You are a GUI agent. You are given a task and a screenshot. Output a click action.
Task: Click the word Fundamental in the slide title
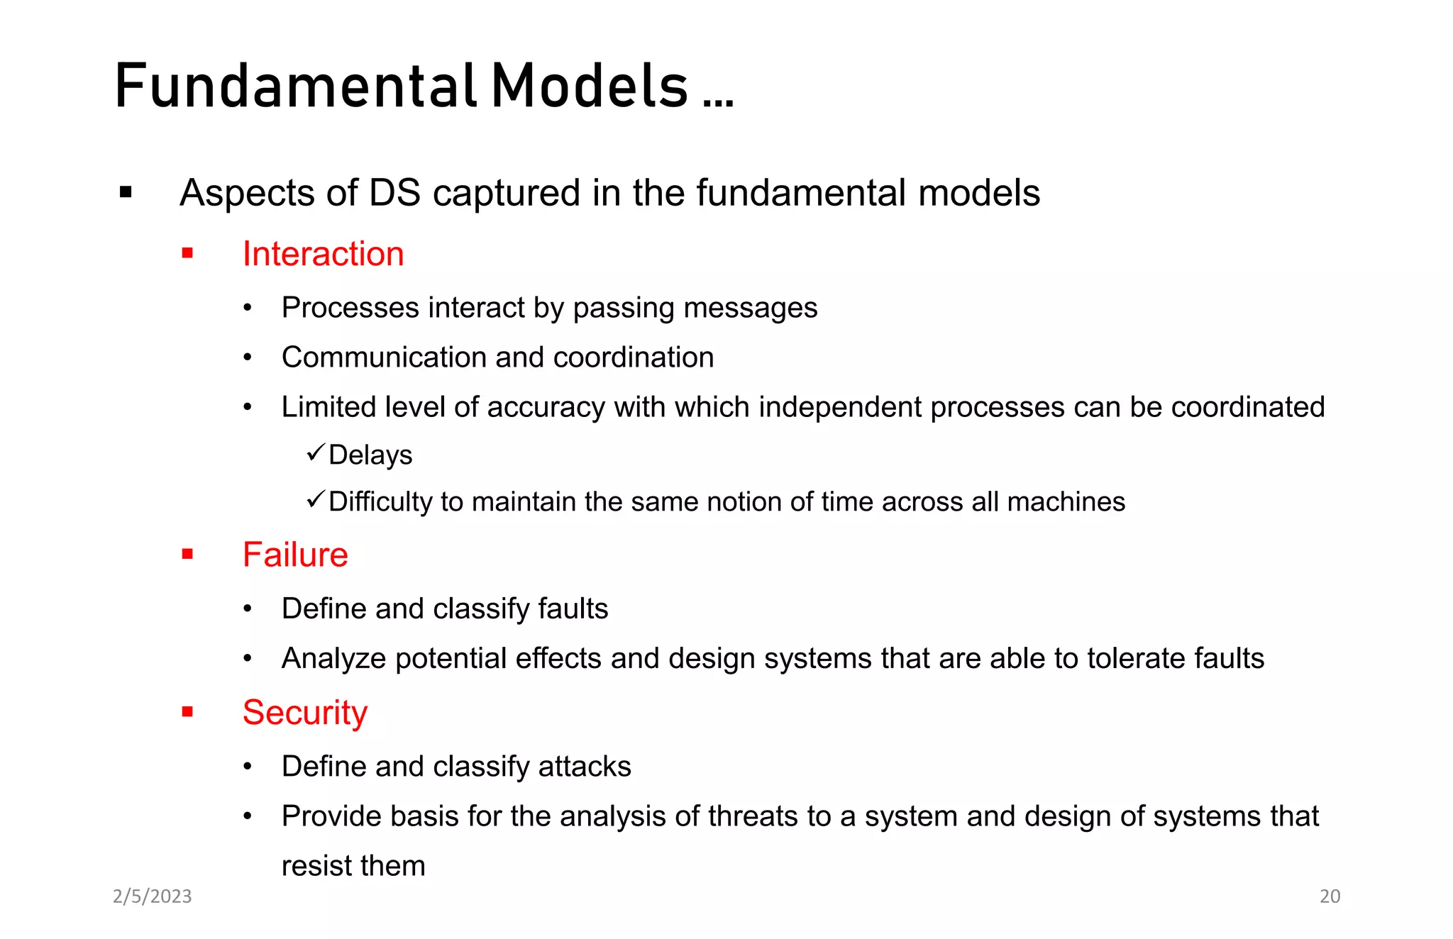(295, 87)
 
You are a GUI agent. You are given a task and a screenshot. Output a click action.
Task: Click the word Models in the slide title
(590, 87)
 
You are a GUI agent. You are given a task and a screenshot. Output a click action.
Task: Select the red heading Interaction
(323, 254)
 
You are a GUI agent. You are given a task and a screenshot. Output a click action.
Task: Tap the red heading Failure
(295, 555)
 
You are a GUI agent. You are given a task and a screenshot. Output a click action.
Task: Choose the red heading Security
(305, 713)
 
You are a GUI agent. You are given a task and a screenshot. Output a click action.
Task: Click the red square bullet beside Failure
(187, 555)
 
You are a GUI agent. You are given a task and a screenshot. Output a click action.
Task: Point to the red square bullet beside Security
(187, 712)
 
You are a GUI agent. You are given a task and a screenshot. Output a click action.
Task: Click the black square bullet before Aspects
(126, 192)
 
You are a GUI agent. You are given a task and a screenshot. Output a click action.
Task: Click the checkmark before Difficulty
(316, 499)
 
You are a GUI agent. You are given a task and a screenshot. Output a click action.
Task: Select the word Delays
(370, 455)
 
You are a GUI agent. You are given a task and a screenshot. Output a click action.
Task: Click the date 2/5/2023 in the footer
(152, 896)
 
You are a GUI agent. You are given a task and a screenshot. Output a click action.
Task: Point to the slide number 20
(1330, 896)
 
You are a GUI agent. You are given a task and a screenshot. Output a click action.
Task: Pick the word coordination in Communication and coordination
(633, 357)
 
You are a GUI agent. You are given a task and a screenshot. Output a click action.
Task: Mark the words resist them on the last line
(353, 866)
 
